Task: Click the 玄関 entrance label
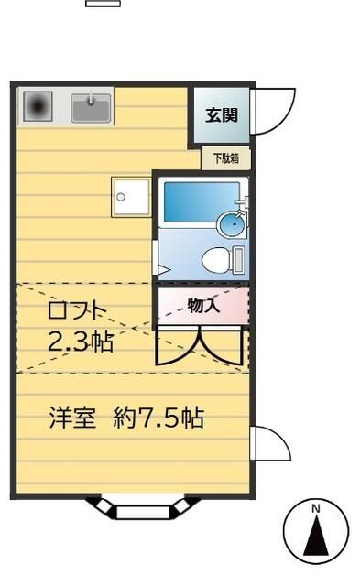pos(221,115)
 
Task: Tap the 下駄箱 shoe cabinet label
pos(225,158)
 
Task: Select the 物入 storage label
pos(203,306)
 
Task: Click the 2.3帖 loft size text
pos(81,342)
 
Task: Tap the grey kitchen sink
pos(91,110)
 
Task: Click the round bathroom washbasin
pos(234,222)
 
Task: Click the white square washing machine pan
pos(130,195)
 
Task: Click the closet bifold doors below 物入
pos(201,346)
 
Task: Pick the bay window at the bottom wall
pos(143,506)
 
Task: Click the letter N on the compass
pos(315,507)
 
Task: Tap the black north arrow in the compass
pos(315,535)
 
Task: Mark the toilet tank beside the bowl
pos(238,261)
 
